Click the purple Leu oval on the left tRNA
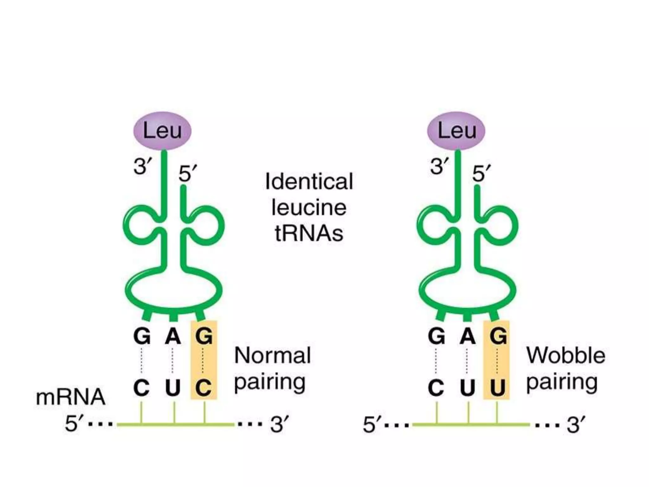[162, 131]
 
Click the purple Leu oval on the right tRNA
[456, 131]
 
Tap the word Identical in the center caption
[309, 182]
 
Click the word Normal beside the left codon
[273, 355]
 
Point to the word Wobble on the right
[566, 355]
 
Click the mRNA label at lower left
[70, 397]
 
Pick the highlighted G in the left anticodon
[204, 336]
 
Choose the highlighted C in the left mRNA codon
[204, 387]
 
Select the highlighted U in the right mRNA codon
[497, 387]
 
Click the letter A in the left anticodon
[173, 336]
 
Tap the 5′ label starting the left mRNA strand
[72, 424]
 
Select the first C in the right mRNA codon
[436, 387]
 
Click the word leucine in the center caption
[309, 208]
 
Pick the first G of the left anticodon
[142, 336]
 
